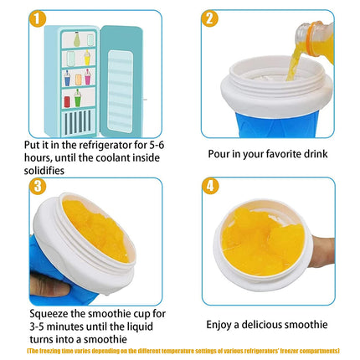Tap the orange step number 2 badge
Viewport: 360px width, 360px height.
(209, 18)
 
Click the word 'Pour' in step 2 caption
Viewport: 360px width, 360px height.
(220, 155)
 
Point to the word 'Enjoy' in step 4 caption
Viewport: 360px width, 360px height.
(221, 324)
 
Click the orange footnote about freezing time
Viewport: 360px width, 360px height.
(180, 350)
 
